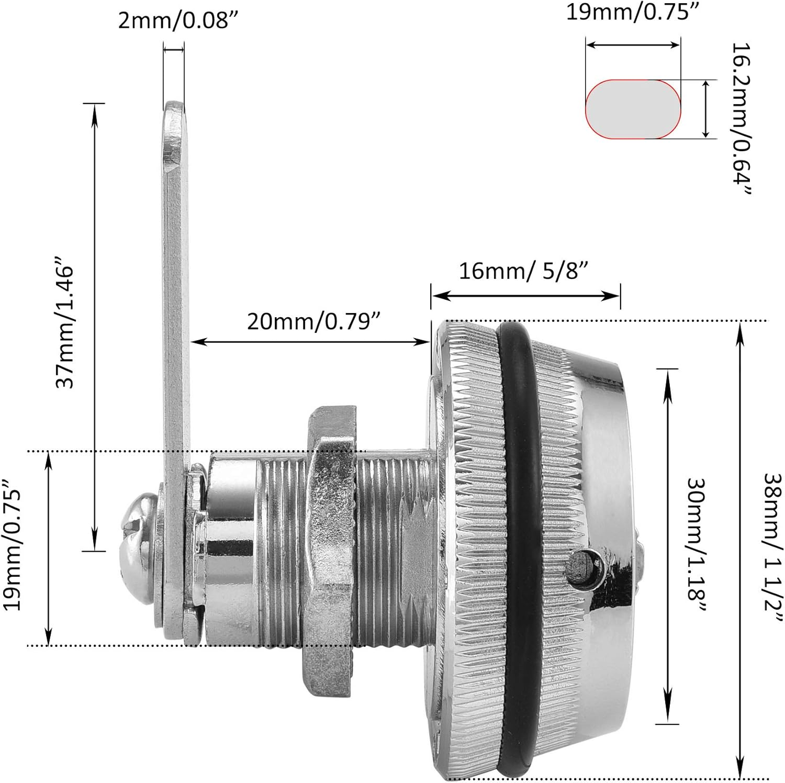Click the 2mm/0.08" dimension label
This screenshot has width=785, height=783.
coord(174,21)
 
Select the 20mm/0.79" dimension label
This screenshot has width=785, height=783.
coord(313,320)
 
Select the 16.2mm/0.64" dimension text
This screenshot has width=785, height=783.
coord(741,119)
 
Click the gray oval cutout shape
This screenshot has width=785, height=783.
coord(633,109)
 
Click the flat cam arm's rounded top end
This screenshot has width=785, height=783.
coord(175,113)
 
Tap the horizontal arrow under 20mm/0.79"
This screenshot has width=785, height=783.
coord(310,342)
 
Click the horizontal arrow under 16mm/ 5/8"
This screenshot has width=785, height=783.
coord(525,296)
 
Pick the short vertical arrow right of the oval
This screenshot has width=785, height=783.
coord(706,109)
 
